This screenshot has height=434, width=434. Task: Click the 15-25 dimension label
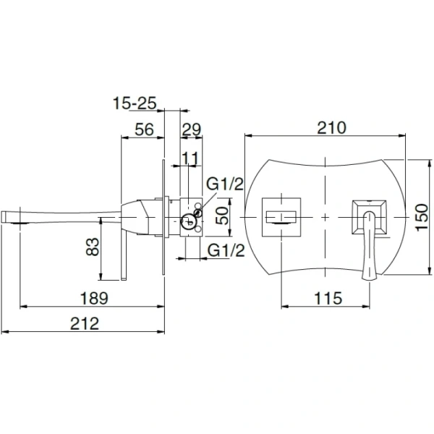(x=135, y=103)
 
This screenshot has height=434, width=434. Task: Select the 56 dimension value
(x=144, y=129)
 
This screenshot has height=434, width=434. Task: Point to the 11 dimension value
(x=190, y=158)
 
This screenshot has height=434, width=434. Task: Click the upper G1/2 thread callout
(x=225, y=184)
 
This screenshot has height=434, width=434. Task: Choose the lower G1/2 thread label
(x=226, y=250)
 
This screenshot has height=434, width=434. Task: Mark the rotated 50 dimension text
(x=223, y=216)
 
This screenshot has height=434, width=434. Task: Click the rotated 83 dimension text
(x=93, y=247)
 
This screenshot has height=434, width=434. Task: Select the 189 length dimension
(x=94, y=298)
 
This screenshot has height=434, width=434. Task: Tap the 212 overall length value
(x=85, y=323)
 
